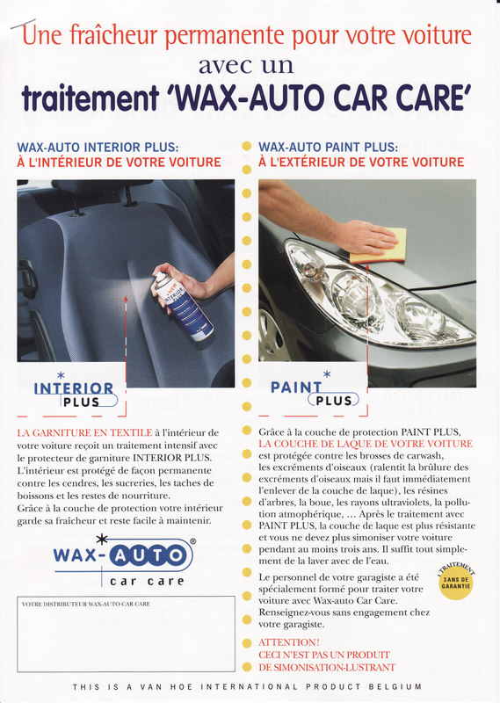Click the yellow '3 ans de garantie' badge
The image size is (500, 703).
pyautogui.click(x=455, y=583)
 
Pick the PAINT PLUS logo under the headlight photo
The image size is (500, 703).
pyautogui.click(x=315, y=389)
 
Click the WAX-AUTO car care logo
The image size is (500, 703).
pyautogui.click(x=124, y=561)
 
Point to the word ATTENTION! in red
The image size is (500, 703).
pyautogui.click(x=289, y=642)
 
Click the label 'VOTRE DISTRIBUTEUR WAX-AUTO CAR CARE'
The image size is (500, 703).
pyautogui.click(x=85, y=605)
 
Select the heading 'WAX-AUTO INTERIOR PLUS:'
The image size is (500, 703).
pyautogui.click(x=98, y=147)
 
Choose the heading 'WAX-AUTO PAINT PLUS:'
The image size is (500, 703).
pyautogui.click(x=329, y=147)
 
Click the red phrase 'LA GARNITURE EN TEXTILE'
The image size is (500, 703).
pyautogui.click(x=84, y=432)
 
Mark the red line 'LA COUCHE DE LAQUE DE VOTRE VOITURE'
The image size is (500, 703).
pyautogui.click(x=366, y=444)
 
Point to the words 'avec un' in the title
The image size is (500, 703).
pyautogui.click(x=246, y=66)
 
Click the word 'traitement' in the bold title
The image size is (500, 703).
pyautogui.click(x=91, y=98)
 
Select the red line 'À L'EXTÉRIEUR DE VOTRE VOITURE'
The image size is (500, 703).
pyautogui.click(x=361, y=163)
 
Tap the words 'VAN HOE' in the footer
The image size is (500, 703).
pyautogui.click(x=166, y=687)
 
